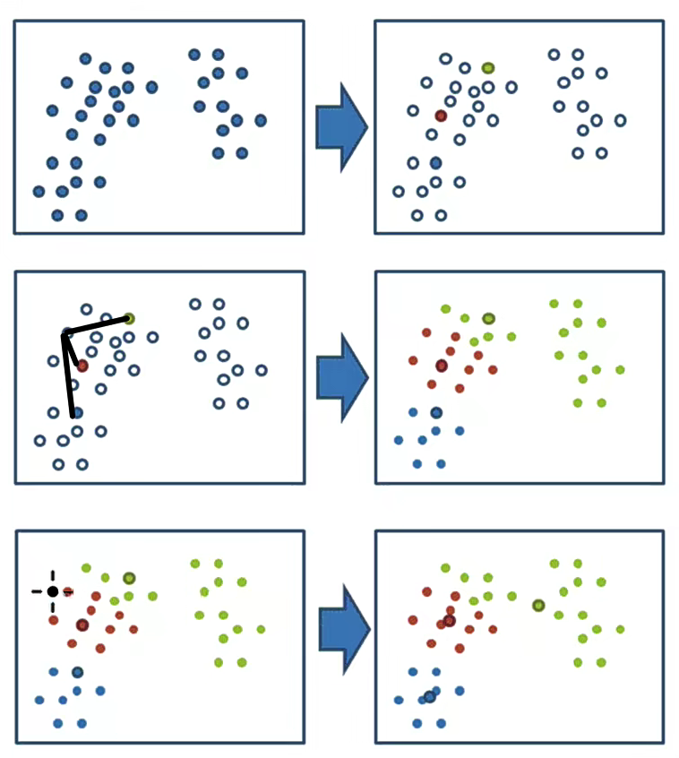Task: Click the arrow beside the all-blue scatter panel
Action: (x=341, y=126)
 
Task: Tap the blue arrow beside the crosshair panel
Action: (x=344, y=632)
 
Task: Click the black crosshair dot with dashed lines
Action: (x=53, y=591)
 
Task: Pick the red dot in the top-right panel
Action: (x=441, y=116)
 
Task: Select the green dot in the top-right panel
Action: (x=488, y=68)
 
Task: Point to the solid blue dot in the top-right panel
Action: (x=436, y=163)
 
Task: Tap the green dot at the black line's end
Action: (x=129, y=318)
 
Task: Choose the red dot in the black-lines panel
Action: (x=82, y=366)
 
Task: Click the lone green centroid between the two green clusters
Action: (x=538, y=606)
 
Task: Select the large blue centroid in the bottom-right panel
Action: (x=430, y=696)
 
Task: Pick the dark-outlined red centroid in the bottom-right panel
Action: (x=449, y=620)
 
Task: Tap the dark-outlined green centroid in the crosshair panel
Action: (x=129, y=578)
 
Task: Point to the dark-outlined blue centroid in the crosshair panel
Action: (x=78, y=672)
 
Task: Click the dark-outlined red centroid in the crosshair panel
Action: (x=82, y=624)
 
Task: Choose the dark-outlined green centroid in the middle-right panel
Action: (x=488, y=318)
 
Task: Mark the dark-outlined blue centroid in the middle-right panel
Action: (x=436, y=412)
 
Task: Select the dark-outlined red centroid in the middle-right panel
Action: (x=441, y=366)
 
